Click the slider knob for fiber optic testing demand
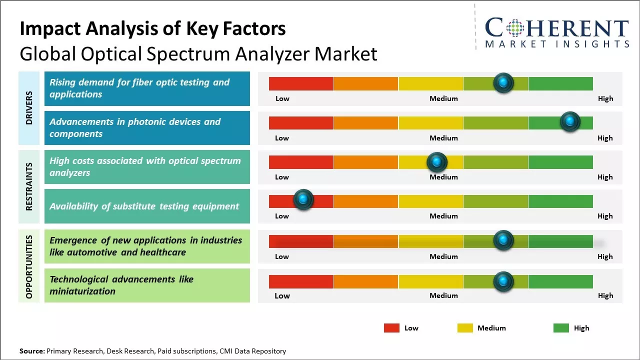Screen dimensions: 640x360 503,83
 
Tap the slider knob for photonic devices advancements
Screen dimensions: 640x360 569,121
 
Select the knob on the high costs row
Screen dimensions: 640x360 437,162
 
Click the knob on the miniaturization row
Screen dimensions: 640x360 503,281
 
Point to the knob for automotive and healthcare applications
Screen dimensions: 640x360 503,240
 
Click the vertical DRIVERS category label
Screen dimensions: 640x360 29,107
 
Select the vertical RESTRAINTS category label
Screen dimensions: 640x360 29,186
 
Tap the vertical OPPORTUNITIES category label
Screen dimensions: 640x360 29,266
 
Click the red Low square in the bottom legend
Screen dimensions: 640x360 391,328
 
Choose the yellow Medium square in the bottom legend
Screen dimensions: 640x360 465,328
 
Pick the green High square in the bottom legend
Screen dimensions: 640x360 561,328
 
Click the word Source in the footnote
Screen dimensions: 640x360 32,351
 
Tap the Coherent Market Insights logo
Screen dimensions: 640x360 556,32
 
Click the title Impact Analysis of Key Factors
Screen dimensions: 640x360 152,28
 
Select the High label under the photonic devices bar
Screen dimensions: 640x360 605,138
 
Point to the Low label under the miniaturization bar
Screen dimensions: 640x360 282,295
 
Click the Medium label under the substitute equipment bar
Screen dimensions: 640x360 443,216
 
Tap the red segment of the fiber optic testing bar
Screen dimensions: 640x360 301,83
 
